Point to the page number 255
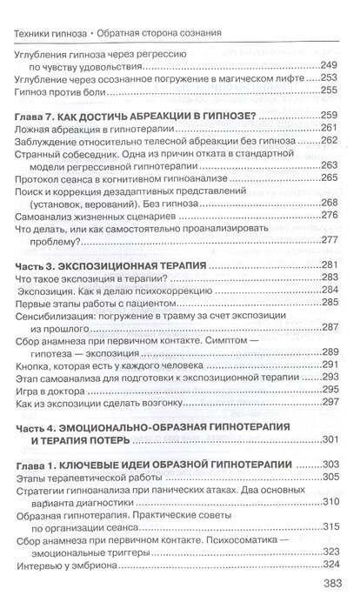(327, 90)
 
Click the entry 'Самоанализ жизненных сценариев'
(91, 216)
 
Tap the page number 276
(327, 216)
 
